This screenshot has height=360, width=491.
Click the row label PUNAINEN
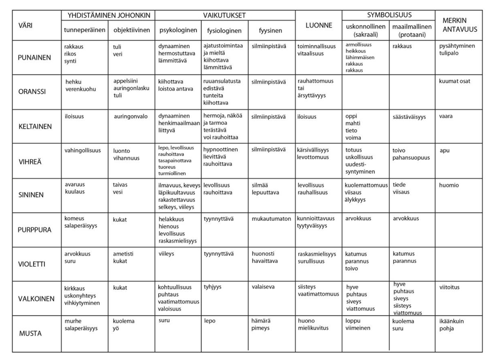tap(34, 58)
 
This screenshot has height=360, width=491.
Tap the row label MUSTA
tap(30, 333)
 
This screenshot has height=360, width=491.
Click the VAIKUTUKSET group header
tap(224, 16)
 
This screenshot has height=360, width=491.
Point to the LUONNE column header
tap(318, 25)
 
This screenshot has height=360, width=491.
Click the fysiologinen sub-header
tap(224, 31)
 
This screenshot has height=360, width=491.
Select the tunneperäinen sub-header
tap(85, 31)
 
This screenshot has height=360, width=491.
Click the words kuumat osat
tap(455, 81)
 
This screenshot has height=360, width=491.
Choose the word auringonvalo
tap(131, 117)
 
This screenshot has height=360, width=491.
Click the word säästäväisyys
tap(409, 117)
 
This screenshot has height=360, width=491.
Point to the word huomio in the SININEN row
tap(448, 185)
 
